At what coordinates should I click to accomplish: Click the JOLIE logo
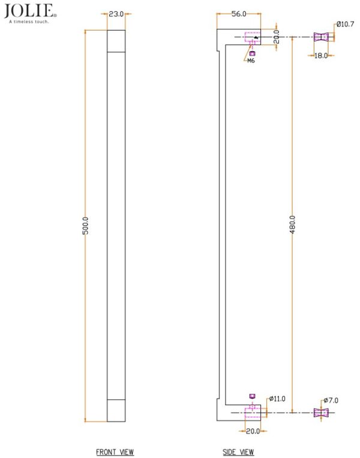pyautogui.click(x=30, y=11)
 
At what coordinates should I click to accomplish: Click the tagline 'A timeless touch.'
pyautogui.click(x=29, y=22)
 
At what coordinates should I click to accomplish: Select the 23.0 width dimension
pyautogui.click(x=116, y=14)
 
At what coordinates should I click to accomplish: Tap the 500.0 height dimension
pyautogui.click(x=85, y=226)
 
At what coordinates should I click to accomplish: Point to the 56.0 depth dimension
pyautogui.click(x=239, y=14)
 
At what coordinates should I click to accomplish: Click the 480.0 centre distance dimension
pyautogui.click(x=292, y=224)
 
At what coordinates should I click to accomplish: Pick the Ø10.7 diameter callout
pyautogui.click(x=345, y=24)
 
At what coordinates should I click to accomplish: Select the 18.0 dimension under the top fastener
pyautogui.click(x=320, y=55)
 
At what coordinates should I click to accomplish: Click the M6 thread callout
pyautogui.click(x=251, y=61)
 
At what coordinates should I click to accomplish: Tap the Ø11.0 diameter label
pyautogui.click(x=277, y=399)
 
